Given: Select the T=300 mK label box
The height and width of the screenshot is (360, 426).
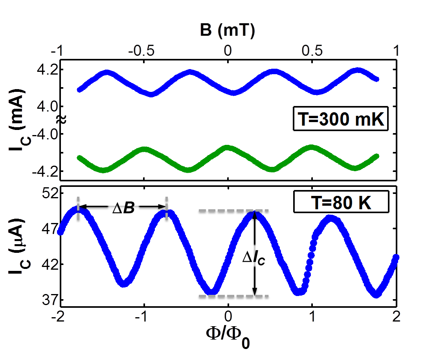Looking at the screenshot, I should tap(341, 119).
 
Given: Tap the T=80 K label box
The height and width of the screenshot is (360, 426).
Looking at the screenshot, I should tap(341, 204).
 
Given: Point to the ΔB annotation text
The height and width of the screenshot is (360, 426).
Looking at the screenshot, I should tap(123, 209).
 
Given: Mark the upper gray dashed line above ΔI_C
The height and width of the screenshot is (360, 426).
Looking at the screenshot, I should tap(233, 211).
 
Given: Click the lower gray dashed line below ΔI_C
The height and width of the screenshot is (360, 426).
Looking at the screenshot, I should tap(233, 296).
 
